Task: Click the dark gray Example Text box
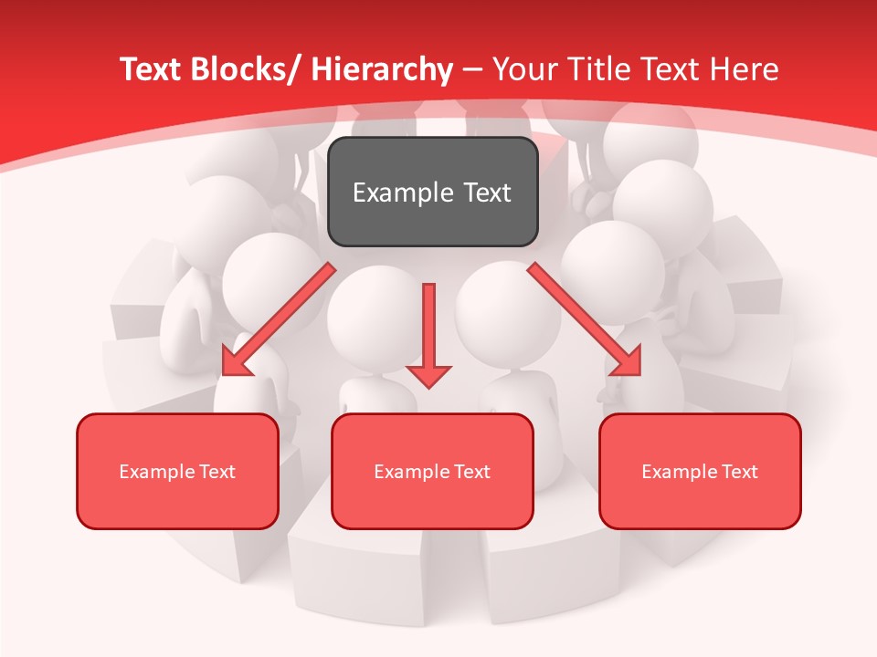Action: click(x=432, y=192)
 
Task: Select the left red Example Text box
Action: click(x=177, y=471)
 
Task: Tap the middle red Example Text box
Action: click(x=432, y=471)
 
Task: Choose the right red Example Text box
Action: click(x=700, y=471)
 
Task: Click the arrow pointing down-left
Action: click(x=279, y=319)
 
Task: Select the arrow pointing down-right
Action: click(x=585, y=319)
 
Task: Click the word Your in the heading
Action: click(x=524, y=69)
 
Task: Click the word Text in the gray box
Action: click(x=486, y=193)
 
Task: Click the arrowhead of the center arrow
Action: click(x=428, y=375)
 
